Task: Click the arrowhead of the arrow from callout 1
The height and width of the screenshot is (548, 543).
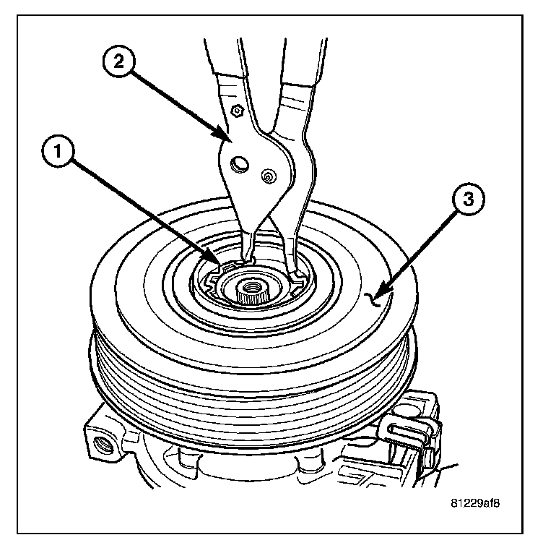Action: point(217,263)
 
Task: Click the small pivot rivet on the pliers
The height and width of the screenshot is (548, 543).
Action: point(268,175)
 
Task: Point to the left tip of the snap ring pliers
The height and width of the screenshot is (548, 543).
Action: point(246,254)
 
